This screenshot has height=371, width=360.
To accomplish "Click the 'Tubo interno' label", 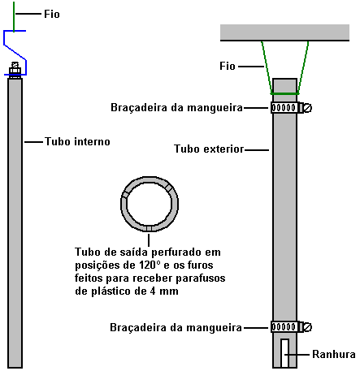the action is coord(77,141).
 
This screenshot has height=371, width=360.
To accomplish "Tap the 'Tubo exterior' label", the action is coord(209,149).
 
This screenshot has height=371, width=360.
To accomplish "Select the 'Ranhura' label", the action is coord(334,354).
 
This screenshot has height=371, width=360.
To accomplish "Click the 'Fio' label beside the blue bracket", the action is coord(52,14).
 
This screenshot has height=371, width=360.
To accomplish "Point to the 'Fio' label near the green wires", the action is coord(228,66).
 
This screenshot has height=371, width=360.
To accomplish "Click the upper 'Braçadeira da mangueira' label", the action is coord(176,108).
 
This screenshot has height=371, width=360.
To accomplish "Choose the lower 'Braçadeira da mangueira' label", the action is coord(176,328).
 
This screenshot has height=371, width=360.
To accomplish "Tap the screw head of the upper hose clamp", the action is coord(308,108).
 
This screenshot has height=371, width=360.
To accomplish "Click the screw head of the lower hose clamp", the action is coord(308,327).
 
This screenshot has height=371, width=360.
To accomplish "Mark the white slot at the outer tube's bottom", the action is coord(284,353).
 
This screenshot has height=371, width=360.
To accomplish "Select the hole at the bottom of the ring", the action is coord(149,228).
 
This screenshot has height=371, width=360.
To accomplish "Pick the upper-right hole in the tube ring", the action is coord(169,188).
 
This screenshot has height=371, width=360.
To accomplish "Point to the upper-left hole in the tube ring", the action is coord(125,195).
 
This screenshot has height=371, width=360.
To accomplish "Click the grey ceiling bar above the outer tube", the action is coord(284,32).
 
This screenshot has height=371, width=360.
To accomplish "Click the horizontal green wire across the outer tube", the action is coord(284,93).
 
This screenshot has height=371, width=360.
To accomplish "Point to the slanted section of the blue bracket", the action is coord(15,52).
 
